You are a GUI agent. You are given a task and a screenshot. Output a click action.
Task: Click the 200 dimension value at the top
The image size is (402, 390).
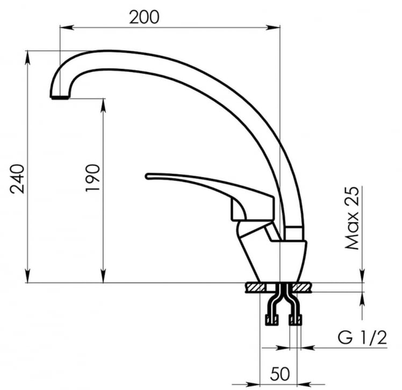tap(144, 17)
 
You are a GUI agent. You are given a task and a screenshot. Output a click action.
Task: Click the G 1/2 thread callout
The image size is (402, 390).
tap(362, 338)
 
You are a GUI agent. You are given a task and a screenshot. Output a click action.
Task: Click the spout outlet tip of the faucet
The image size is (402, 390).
tap(60, 97)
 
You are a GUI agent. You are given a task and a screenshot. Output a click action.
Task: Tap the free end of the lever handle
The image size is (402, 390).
tap(149, 176)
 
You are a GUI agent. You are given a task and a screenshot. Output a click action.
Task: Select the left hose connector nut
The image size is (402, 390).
tap(272, 321)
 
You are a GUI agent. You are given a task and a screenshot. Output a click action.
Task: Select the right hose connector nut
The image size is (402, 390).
tap(295, 321)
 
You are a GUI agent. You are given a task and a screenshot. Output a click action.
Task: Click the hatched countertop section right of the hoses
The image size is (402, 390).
tap(304, 287)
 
